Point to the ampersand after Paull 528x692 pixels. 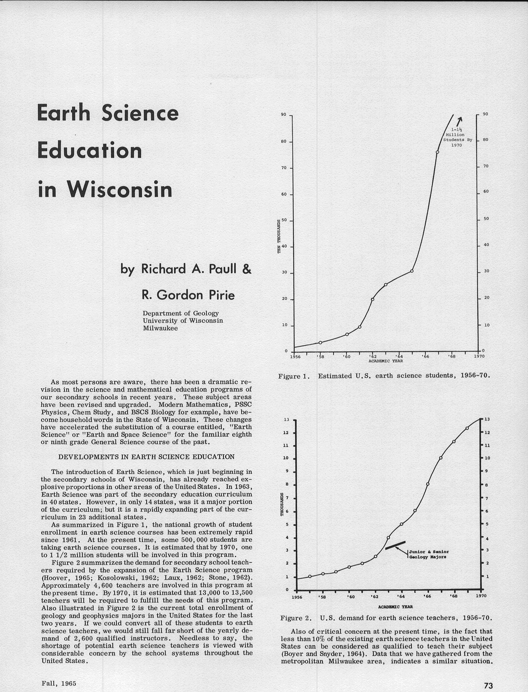247,269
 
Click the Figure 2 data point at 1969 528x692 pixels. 467,428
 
